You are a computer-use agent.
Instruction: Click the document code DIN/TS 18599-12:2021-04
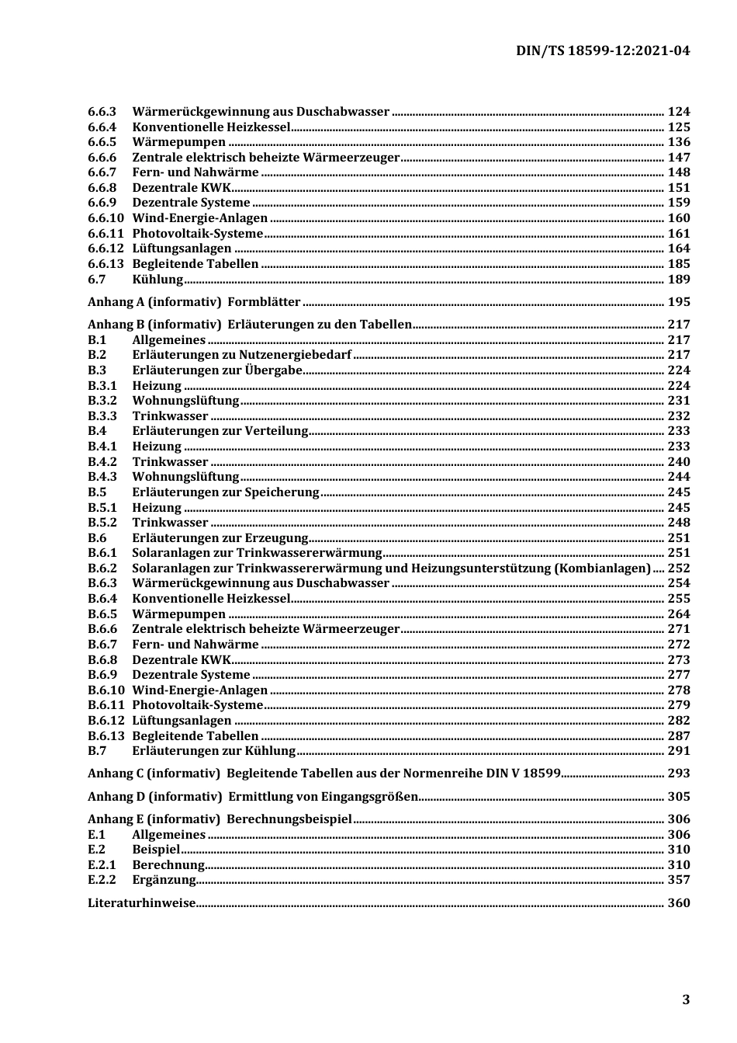[x=602, y=51]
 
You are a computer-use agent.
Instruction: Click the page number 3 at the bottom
[x=685, y=1000]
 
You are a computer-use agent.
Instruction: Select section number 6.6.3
[x=102, y=112]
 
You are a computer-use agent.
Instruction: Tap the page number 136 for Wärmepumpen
[x=678, y=142]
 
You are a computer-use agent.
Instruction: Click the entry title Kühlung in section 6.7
[x=157, y=280]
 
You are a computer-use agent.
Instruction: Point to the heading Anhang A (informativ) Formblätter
[x=194, y=302]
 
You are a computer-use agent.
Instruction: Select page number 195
[x=678, y=302]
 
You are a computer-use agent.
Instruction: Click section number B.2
[x=97, y=355]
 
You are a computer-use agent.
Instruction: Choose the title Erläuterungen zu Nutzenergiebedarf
[x=241, y=355]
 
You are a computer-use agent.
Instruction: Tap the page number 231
[x=678, y=401]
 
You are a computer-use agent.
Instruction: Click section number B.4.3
[x=102, y=477]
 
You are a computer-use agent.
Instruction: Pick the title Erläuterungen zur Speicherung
[x=225, y=492]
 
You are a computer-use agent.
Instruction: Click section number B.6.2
[x=102, y=568]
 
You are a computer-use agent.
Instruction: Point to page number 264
[x=678, y=614]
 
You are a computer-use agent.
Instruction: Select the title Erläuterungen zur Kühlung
[x=213, y=751]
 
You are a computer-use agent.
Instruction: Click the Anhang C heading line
[x=324, y=774]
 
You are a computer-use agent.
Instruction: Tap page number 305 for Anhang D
[x=678, y=797]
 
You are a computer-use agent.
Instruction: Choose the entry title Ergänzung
[x=164, y=880]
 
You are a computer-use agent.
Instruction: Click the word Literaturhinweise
[x=141, y=903]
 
